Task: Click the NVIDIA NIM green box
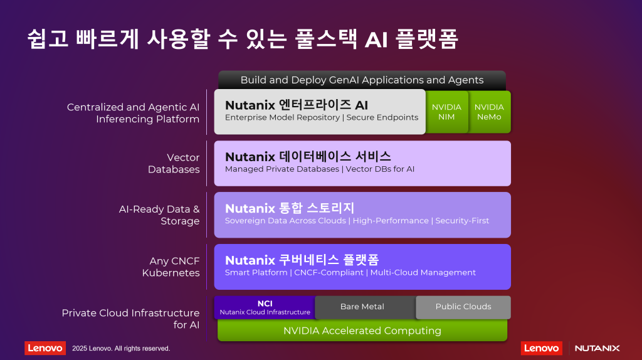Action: [446, 112]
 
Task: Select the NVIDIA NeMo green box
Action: [489, 112]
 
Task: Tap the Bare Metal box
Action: [362, 307]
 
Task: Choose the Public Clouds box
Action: [463, 307]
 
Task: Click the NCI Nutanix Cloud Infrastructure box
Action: [265, 307]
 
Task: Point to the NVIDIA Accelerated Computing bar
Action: [362, 331]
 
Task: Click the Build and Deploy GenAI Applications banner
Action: [362, 80]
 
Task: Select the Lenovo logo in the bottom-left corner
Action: [45, 348]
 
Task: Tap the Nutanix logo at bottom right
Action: [597, 348]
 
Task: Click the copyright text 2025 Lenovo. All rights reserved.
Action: [121, 348]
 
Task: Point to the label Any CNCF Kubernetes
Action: [171, 267]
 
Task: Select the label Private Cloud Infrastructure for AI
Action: [130, 319]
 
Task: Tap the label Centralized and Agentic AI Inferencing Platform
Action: [133, 113]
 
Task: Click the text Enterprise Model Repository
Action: [282, 117]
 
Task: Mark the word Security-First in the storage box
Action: [462, 221]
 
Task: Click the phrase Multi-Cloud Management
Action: [423, 272]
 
